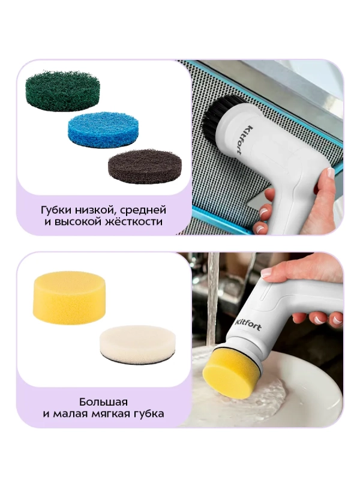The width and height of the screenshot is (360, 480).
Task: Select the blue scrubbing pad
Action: click(x=103, y=127)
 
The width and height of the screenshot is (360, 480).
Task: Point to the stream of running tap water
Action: click(x=212, y=300)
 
